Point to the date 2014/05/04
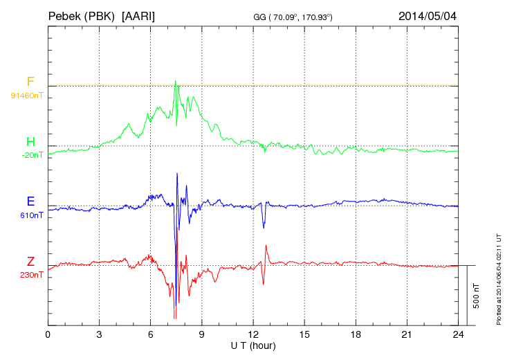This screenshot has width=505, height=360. (428, 15)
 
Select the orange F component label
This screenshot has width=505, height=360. (30, 82)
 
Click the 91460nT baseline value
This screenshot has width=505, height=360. (27, 95)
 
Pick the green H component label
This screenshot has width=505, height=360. (30, 142)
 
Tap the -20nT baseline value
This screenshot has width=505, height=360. (32, 155)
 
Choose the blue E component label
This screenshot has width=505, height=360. (30, 202)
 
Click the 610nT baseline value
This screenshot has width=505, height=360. (32, 215)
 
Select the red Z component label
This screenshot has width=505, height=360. (30, 262)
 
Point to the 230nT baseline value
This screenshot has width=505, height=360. (32, 275)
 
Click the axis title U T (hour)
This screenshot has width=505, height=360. (252, 345)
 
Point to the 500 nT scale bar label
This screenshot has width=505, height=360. (477, 295)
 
